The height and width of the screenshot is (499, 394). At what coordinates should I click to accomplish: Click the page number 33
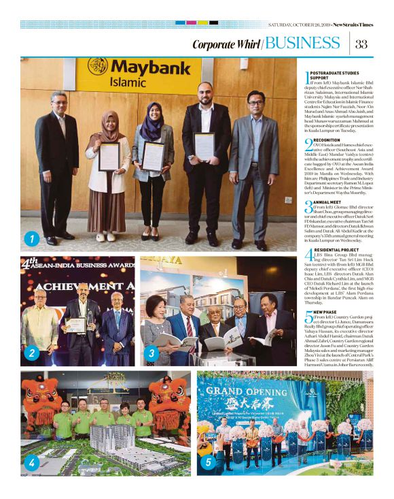coord(361,45)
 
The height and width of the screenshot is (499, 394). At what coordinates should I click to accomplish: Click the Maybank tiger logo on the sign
coord(98,67)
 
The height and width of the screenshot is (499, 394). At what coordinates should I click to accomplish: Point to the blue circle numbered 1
coord(31,238)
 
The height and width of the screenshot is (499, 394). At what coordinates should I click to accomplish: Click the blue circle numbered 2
coord(31,353)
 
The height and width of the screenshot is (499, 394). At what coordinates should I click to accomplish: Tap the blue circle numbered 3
coord(151,353)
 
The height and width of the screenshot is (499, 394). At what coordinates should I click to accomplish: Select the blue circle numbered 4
coord(31,464)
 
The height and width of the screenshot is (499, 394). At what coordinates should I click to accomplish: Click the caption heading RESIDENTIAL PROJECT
coord(338,251)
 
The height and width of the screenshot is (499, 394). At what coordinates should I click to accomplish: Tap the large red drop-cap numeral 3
coord(307,206)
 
